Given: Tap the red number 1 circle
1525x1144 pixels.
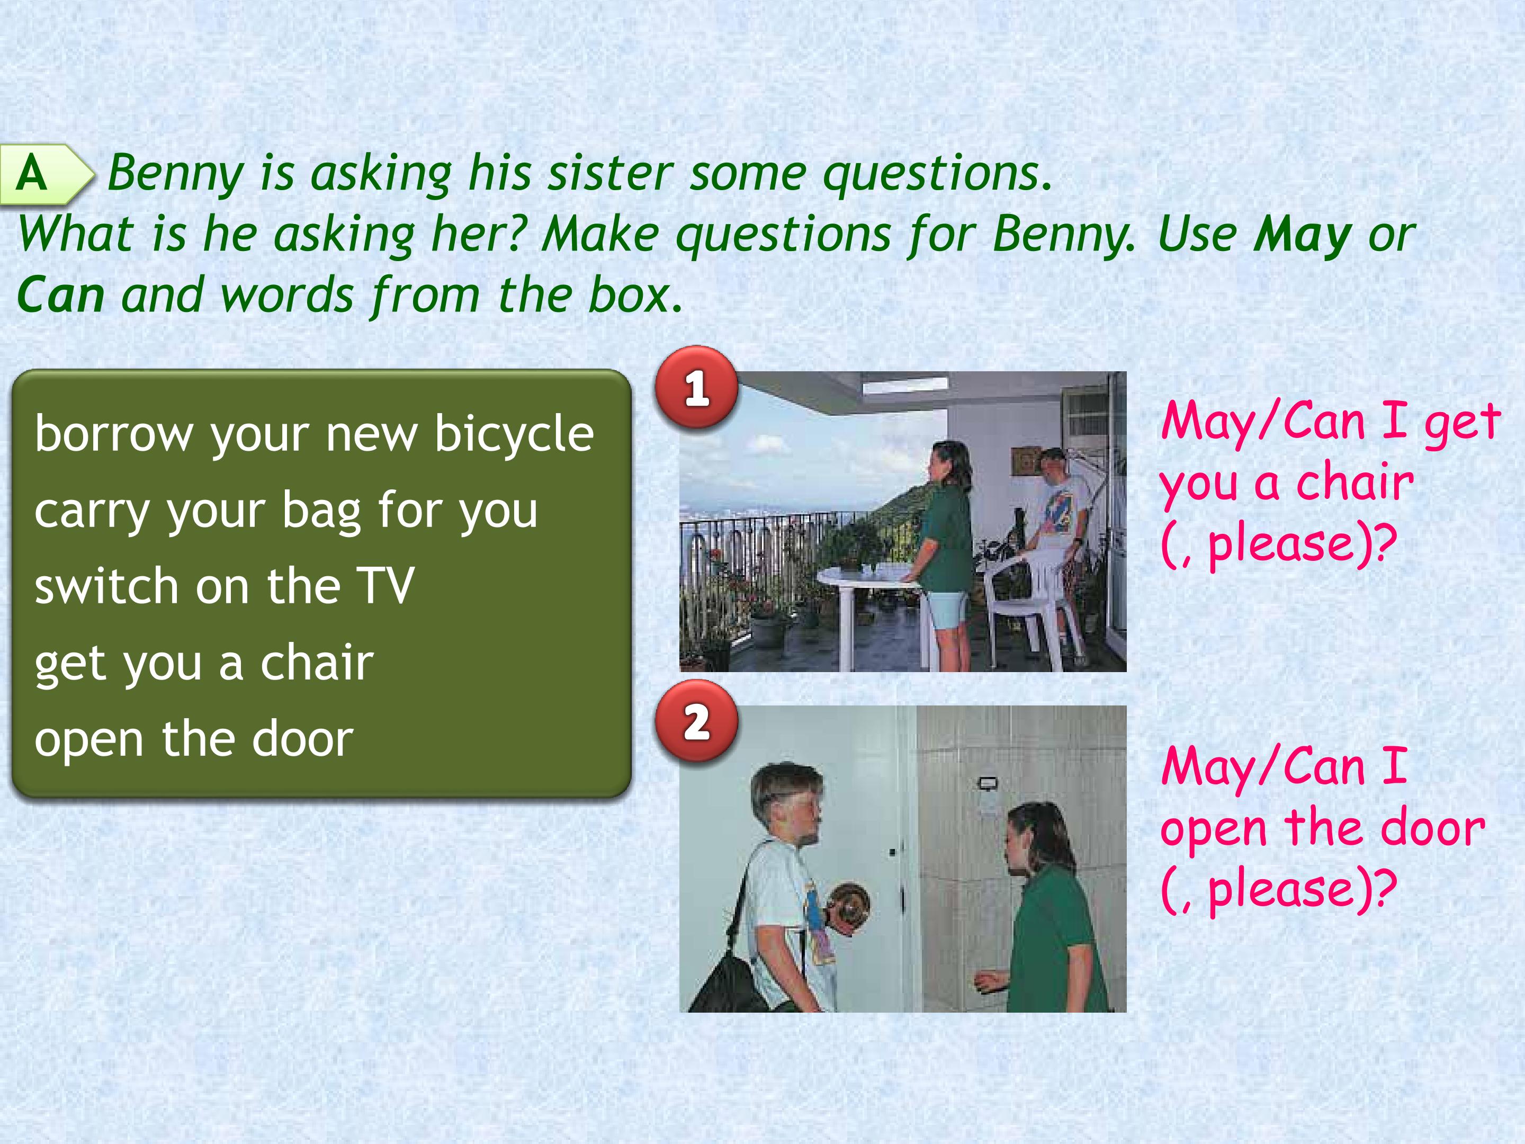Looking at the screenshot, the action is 697,388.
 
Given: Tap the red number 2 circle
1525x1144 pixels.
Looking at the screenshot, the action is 697,721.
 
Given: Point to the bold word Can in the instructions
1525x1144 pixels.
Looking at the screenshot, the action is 61,294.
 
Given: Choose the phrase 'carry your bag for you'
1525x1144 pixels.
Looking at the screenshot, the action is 286,510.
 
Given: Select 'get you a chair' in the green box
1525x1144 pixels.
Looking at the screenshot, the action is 204,663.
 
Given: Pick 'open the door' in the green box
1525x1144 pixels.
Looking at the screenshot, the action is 194,738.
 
